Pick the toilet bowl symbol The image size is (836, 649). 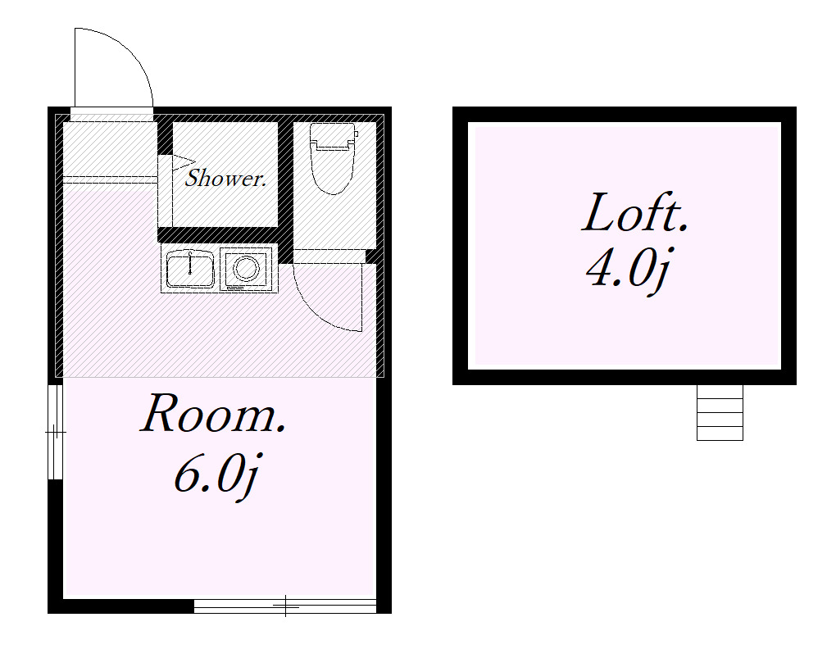pyautogui.click(x=333, y=170)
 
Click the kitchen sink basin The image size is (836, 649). pyautogui.click(x=190, y=269)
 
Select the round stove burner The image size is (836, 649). pyautogui.click(x=247, y=269)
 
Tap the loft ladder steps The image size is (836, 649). pyautogui.click(x=720, y=412)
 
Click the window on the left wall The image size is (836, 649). pyautogui.click(x=56, y=432)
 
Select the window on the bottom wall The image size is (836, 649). pyautogui.click(x=284, y=606)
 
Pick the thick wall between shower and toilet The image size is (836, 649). pyautogui.click(x=286, y=192)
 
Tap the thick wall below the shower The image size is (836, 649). pyautogui.click(x=218, y=235)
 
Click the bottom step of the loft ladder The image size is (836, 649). pyautogui.click(x=720, y=433)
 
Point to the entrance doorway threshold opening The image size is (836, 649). pyautogui.click(x=112, y=114)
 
